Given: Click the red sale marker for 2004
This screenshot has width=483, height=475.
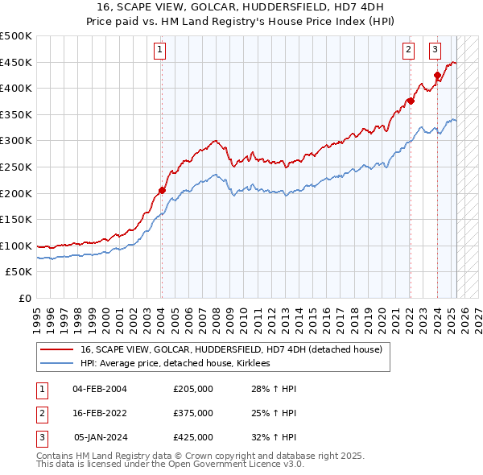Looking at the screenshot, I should tap(162, 191).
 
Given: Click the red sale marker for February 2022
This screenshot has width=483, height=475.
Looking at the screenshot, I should tap(410, 101).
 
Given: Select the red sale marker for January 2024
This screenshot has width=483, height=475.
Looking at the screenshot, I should tap(437, 76).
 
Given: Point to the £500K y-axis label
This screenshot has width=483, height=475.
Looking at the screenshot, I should tap(17, 36).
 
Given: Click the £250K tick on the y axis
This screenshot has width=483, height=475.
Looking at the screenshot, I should tap(17, 167).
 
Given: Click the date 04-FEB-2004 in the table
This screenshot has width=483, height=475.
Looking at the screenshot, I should tap(100, 389).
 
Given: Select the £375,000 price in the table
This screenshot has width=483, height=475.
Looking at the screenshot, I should tap(193, 413).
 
